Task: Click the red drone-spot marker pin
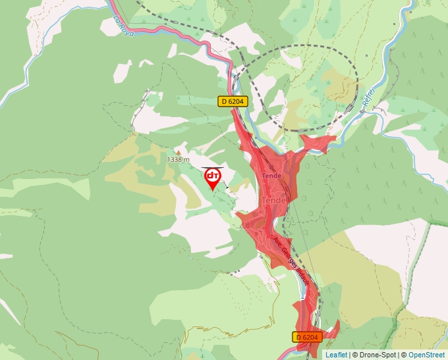point(213,178)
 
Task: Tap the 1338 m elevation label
point(178,159)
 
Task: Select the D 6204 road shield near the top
point(233,101)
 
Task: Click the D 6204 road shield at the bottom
point(307,337)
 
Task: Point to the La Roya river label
point(123,26)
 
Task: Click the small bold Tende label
point(271,176)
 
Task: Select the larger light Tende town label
point(273,200)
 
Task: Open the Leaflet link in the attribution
point(336,355)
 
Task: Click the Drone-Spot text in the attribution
point(374,355)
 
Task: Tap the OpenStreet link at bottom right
point(427,355)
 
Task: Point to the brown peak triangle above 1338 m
point(178,152)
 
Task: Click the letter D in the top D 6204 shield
point(224,101)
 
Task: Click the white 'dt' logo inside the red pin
point(213,176)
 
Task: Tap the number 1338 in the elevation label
point(175,159)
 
